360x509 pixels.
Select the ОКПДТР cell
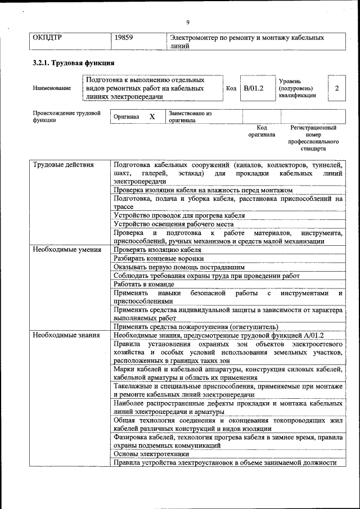pos(47,38)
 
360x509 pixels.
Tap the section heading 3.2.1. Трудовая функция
pos(74,63)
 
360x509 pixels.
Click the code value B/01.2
pos(254,88)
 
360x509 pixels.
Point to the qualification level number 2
pos(336,88)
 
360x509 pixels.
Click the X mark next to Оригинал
pos(152,117)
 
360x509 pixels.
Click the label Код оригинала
pos(262,131)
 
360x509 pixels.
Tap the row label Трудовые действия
pos(63,165)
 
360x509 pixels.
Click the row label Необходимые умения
pos(66,250)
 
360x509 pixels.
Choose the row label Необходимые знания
pos(65,335)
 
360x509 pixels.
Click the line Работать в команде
pos(144,285)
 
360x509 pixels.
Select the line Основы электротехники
pos(151,453)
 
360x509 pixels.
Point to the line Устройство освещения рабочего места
pos(173,224)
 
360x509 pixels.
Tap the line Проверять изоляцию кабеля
pos(157,250)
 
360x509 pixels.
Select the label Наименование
pos(52,88)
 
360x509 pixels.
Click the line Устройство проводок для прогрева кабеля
pos(179,215)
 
